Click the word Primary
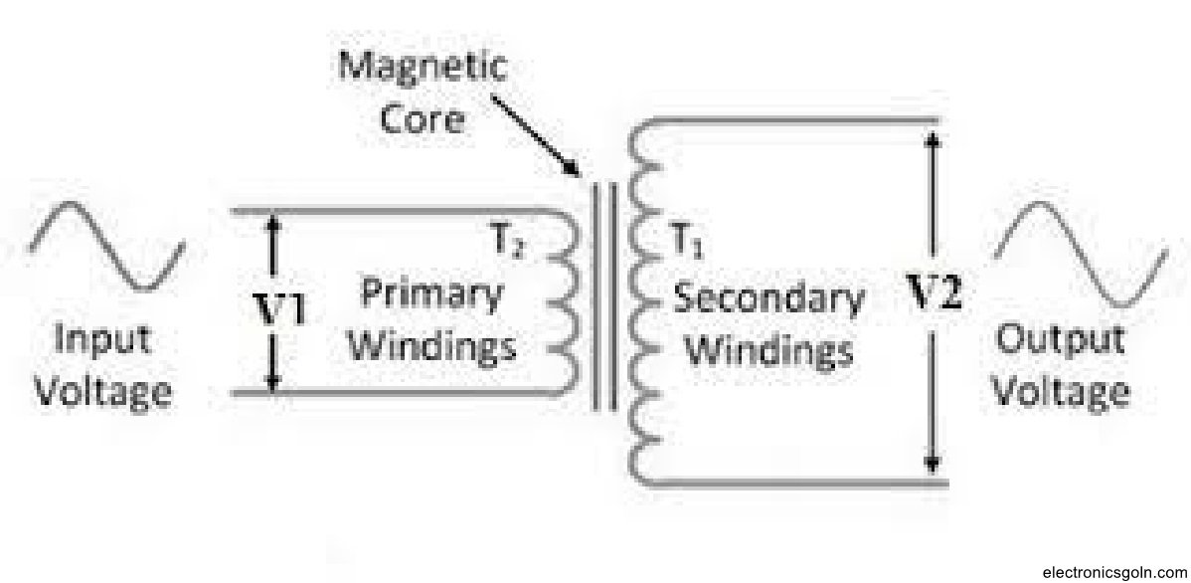(x=430, y=294)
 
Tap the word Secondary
(x=767, y=298)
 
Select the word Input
(x=102, y=339)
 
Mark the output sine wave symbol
(x=1082, y=252)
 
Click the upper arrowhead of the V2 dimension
(x=933, y=141)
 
